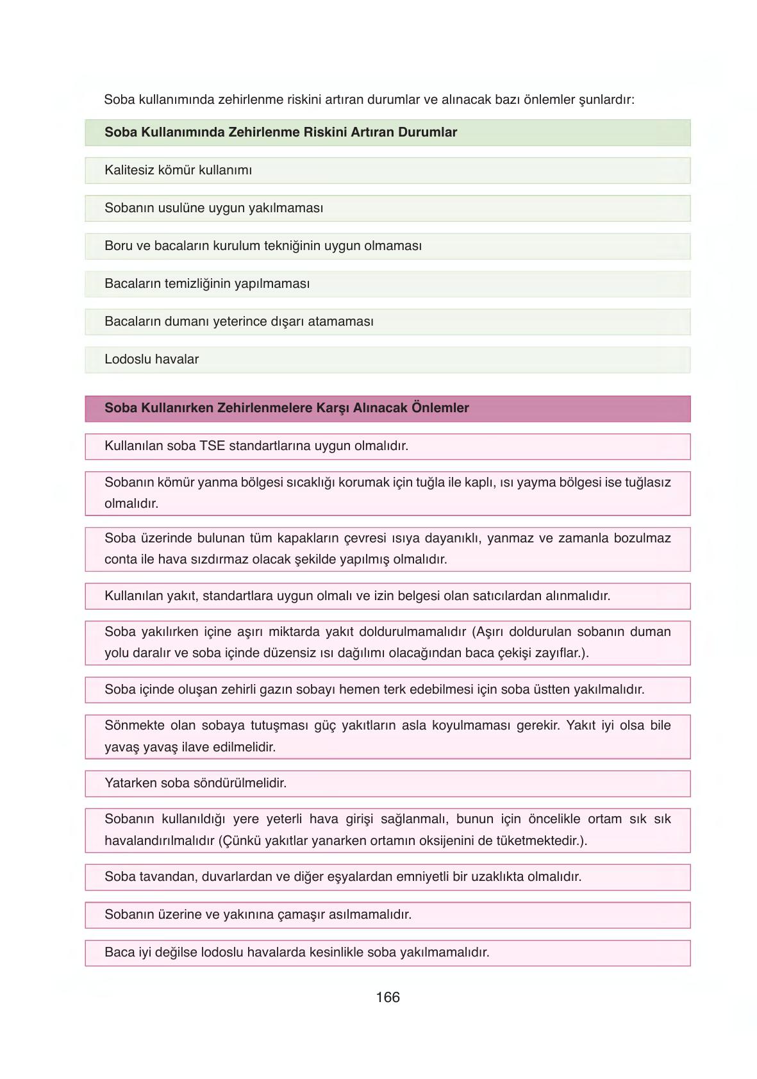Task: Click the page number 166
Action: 388,997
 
